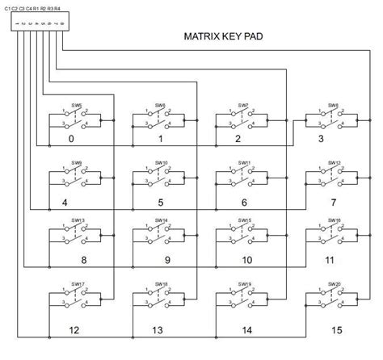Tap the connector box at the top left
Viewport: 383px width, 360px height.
pos(38,23)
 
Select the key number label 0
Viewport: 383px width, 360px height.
pos(71,139)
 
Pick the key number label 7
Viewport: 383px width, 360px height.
pos(332,202)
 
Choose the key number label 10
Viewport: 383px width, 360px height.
pos(248,261)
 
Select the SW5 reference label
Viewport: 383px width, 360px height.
pos(76,105)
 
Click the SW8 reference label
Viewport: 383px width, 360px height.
pos(332,105)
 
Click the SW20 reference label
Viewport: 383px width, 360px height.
pos(332,283)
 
